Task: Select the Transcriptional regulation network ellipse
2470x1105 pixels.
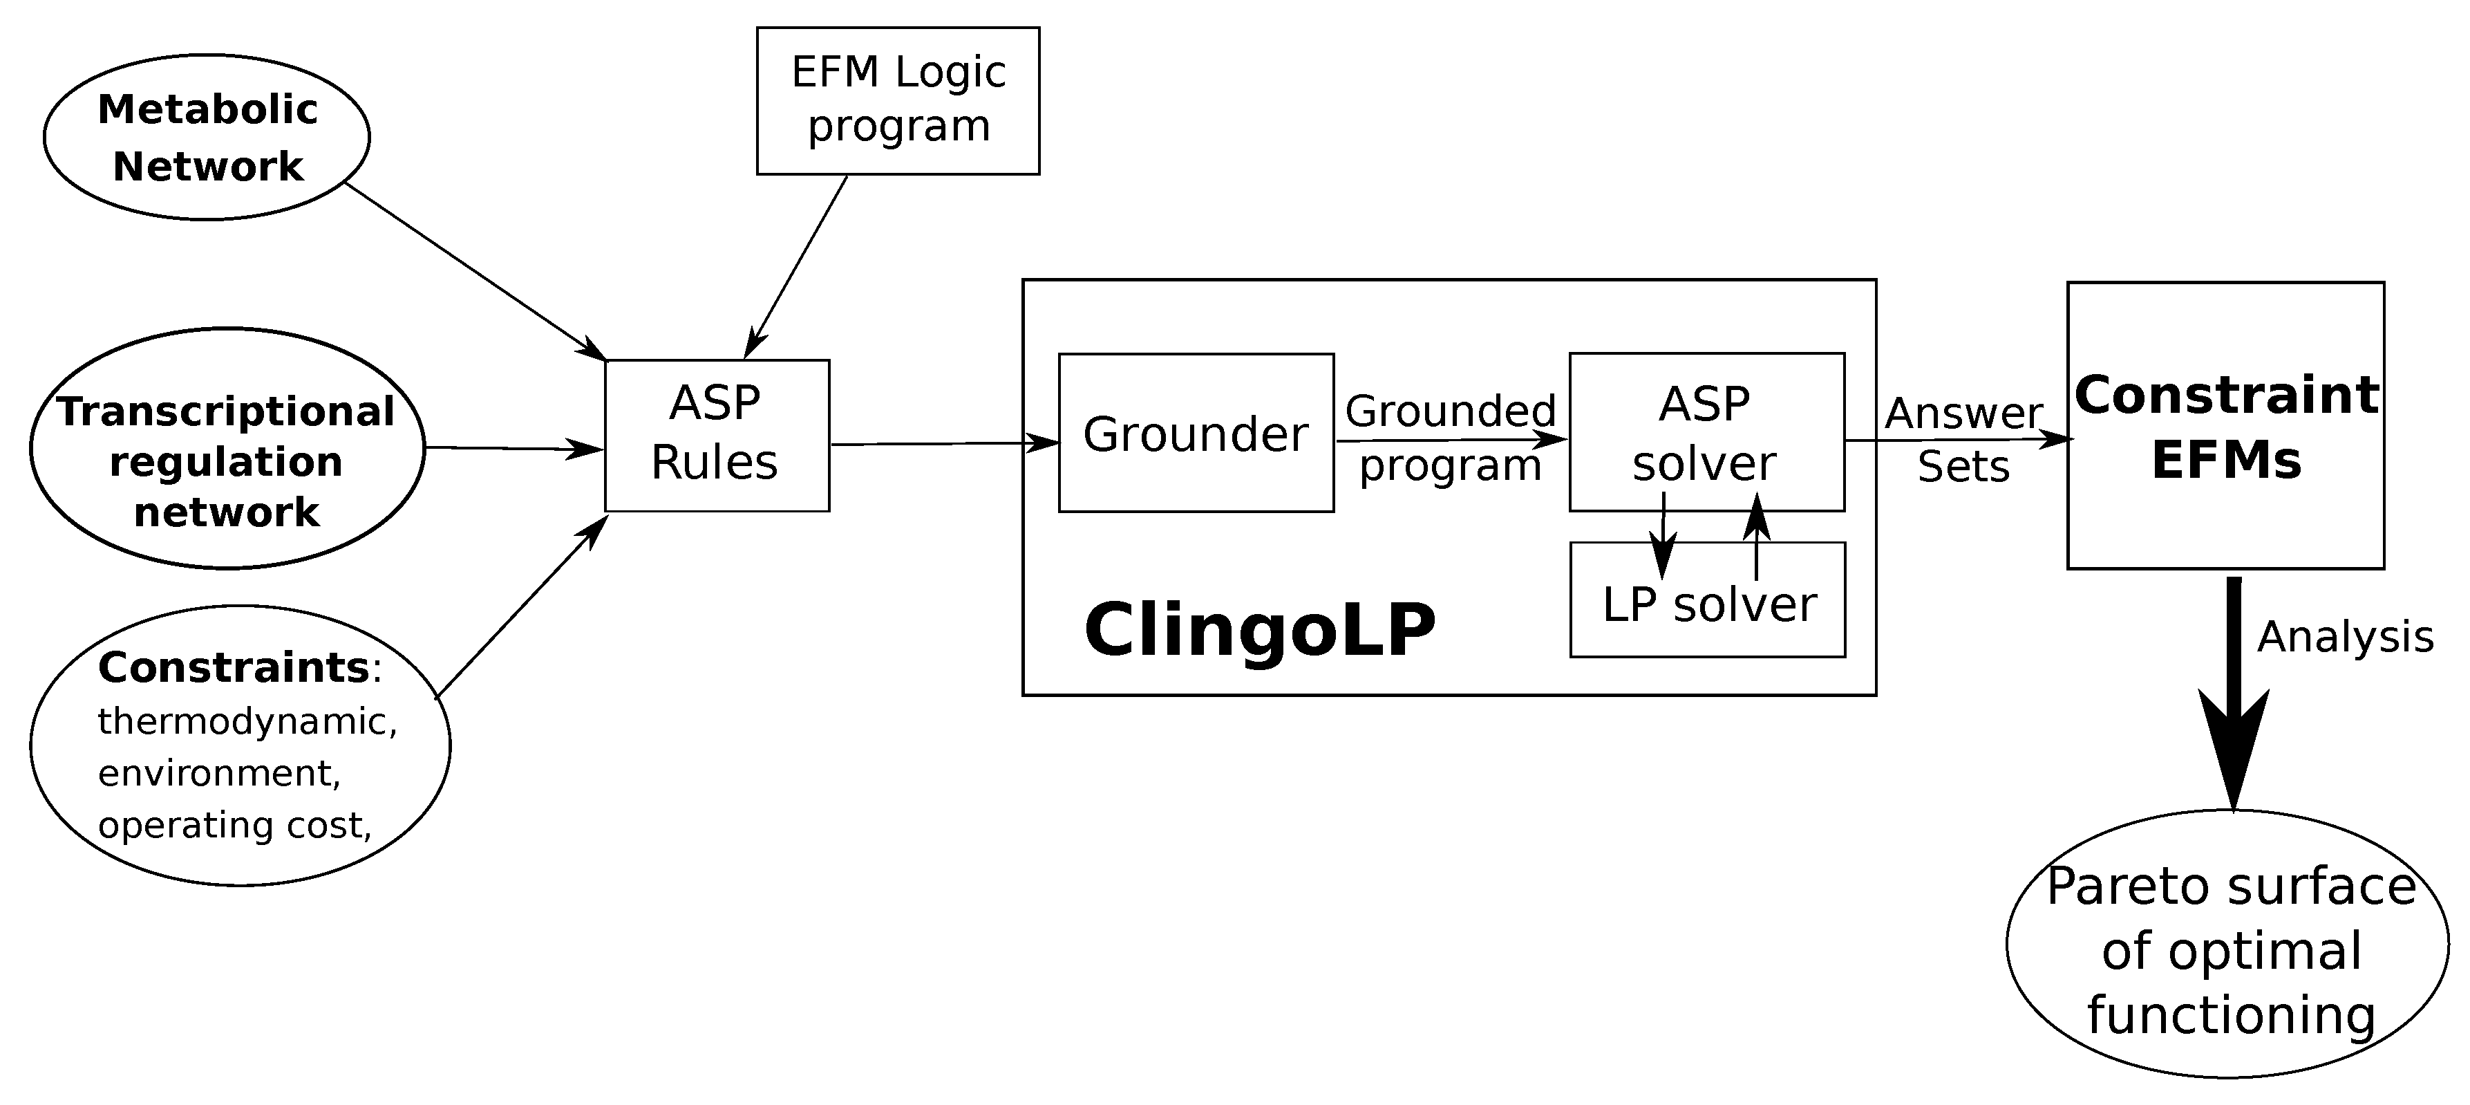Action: point(226,449)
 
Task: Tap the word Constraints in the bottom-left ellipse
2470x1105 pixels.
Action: point(233,667)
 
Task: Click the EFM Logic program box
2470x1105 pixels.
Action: point(898,101)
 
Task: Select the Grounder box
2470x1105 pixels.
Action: point(1195,434)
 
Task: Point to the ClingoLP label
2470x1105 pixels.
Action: point(1259,630)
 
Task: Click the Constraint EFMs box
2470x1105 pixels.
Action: point(2225,426)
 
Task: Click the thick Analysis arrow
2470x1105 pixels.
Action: point(2233,691)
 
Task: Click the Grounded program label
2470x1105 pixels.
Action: point(1450,438)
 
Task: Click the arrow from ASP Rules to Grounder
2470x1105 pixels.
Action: point(945,444)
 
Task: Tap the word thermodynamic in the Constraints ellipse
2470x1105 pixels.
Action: point(247,721)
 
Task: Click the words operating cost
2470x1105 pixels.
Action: point(234,825)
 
